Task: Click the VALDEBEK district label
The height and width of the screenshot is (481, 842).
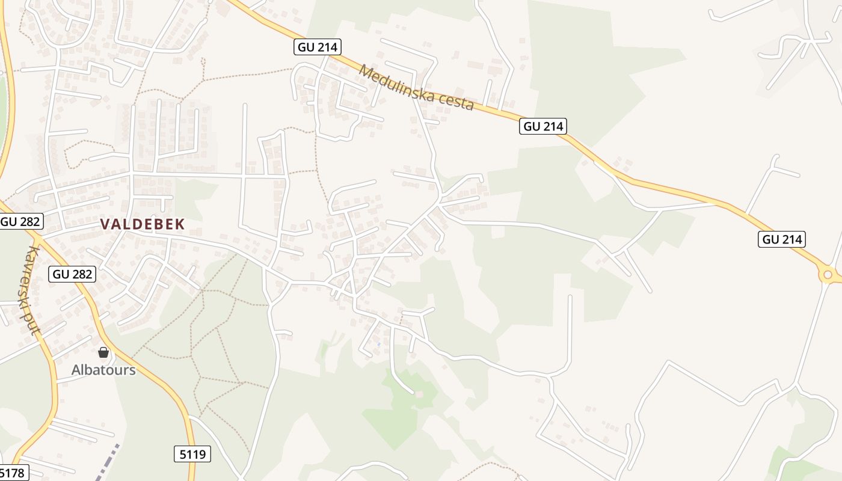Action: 142,224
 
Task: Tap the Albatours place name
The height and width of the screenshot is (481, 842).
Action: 103,369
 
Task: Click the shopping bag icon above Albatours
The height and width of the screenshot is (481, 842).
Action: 103,352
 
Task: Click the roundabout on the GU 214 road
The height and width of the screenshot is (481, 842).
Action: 828,275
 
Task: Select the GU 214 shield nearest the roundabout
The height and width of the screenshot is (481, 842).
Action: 782,239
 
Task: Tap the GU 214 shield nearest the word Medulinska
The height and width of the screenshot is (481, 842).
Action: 318,47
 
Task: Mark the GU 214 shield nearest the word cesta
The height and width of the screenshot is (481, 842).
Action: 543,126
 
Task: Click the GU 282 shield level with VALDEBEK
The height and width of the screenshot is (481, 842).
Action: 21,221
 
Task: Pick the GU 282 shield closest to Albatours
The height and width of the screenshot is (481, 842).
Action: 72,274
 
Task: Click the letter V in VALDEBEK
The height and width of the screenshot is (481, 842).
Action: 105,224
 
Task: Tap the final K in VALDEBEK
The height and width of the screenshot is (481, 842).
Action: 179,224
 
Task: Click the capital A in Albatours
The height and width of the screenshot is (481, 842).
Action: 76,369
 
